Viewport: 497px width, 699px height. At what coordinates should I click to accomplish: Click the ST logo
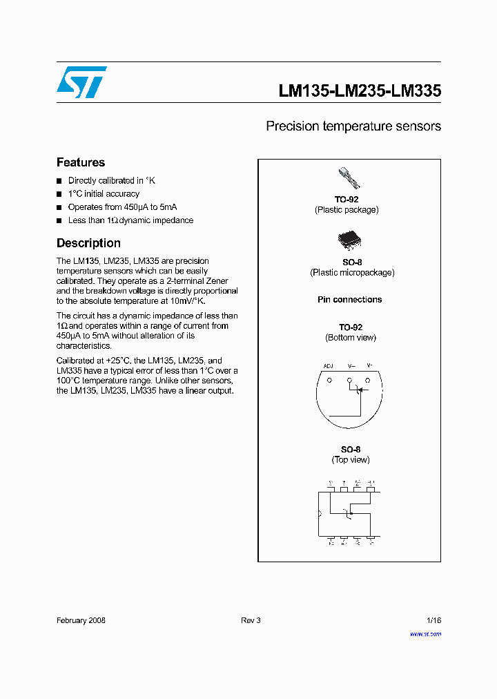point(82,82)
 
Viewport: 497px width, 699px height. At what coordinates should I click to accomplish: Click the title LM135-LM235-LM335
point(360,91)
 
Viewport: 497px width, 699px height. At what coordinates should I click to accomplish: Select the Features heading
point(81,162)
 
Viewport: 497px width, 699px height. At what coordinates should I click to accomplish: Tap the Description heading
point(88,243)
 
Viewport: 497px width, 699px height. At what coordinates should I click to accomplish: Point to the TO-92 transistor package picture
point(349,178)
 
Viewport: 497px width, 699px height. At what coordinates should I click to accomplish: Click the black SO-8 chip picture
point(349,240)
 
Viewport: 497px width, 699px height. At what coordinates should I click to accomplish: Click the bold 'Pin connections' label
point(349,300)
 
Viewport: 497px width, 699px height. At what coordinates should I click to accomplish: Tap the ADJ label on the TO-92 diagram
point(329,365)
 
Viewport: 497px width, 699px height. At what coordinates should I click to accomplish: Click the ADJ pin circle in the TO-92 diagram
point(329,381)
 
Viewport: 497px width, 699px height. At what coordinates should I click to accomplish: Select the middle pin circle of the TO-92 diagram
point(349,381)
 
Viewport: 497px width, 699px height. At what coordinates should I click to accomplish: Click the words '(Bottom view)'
point(351,338)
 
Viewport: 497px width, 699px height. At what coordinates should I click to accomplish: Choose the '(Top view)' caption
point(351,460)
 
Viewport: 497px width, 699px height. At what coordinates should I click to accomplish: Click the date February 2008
point(81,620)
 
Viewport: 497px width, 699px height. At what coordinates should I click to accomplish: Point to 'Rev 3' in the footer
point(251,620)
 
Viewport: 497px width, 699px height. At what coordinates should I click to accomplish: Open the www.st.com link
point(425,634)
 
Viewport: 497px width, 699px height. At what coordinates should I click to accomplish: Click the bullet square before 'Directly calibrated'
point(59,181)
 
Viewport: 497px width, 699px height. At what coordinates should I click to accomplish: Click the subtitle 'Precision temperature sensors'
point(353,126)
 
